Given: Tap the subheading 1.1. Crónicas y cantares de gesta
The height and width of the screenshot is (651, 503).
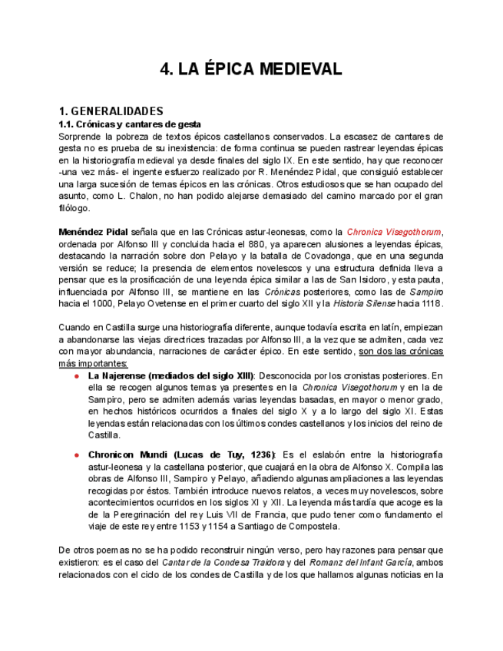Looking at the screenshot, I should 130,124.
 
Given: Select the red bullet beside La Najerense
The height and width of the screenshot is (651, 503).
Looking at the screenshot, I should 77,376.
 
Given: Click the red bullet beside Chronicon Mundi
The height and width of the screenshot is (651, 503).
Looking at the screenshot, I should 77,455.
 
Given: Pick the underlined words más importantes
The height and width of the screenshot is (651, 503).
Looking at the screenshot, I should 93,363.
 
